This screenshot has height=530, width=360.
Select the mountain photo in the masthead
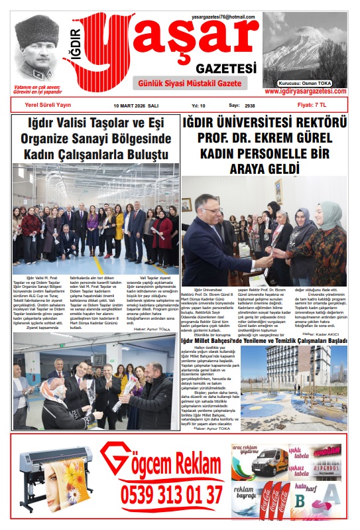(x=304, y=42)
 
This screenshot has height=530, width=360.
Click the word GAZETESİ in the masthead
(x=226, y=68)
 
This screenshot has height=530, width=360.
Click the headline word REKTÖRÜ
(x=318, y=123)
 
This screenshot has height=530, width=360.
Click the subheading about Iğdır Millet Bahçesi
(x=264, y=341)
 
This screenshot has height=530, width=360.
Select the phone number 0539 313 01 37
(x=171, y=495)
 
